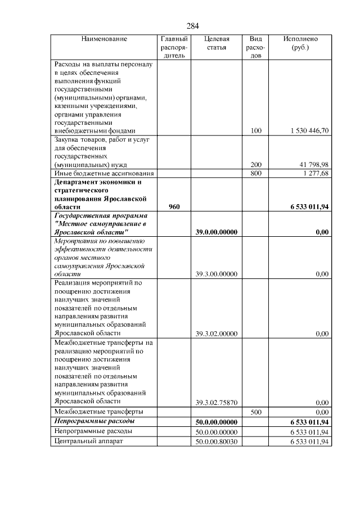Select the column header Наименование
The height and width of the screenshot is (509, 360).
(104, 39)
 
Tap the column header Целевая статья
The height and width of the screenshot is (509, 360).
(217, 43)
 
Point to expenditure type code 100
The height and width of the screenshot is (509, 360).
(256, 130)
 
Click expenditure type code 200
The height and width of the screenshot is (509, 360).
(256, 165)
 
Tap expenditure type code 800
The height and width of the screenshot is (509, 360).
(256, 174)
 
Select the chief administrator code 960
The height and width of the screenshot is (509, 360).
(174, 207)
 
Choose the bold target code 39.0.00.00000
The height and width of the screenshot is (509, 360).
(217, 232)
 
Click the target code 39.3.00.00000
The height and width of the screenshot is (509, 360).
(217, 274)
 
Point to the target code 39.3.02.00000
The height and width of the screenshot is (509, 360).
(217, 334)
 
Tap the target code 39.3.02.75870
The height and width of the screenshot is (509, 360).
(217, 402)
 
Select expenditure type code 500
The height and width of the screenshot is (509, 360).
(256, 412)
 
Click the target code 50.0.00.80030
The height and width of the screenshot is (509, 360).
(217, 442)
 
